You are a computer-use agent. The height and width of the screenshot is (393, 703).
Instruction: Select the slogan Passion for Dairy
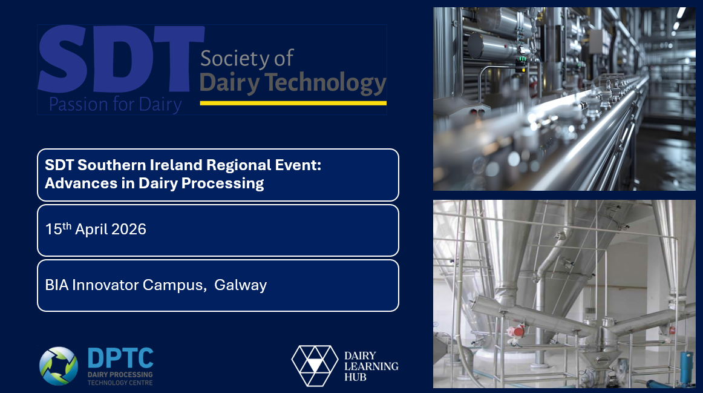click(115, 104)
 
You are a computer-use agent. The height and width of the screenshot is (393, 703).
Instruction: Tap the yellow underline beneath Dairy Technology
click(293, 103)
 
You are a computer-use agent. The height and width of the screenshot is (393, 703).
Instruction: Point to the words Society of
click(247, 59)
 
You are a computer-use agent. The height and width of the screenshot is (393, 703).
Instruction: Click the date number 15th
click(58, 229)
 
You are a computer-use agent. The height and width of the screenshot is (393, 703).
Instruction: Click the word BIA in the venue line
click(57, 285)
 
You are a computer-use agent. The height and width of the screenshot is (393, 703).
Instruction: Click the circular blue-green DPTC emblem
click(59, 366)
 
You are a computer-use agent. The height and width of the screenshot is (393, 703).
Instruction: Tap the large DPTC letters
click(120, 358)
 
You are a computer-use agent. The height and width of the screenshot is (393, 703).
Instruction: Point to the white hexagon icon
click(314, 365)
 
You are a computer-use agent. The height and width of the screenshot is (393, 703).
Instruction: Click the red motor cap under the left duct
click(516, 331)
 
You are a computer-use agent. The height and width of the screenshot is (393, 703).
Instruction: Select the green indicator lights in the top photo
click(520, 60)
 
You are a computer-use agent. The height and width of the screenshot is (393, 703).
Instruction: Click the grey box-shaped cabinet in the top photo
click(597, 41)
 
